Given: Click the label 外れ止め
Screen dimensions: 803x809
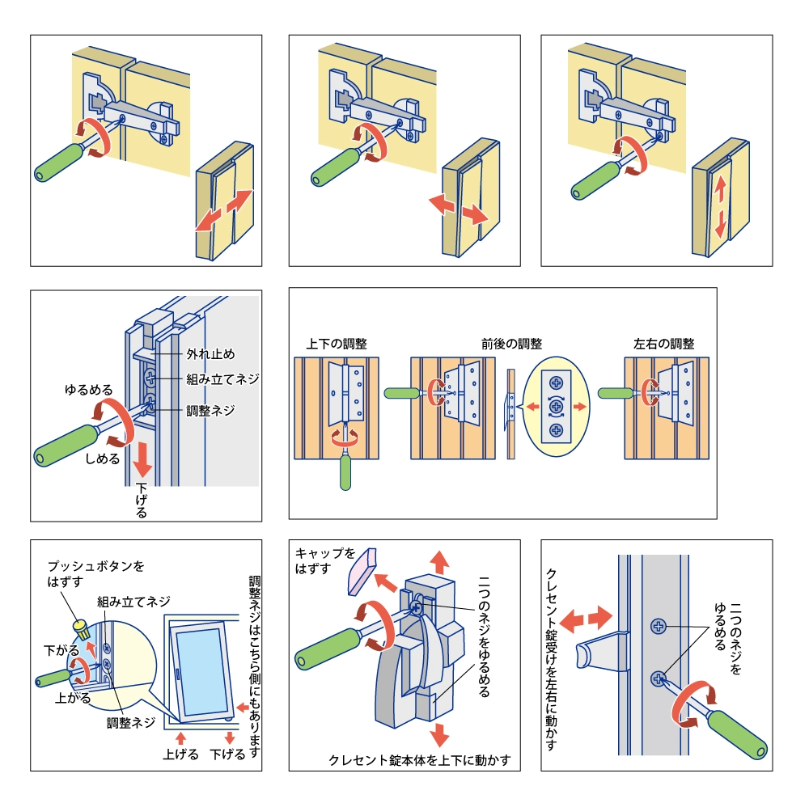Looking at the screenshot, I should coord(211,353).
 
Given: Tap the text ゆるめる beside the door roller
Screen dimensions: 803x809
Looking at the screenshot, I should coord(88,389).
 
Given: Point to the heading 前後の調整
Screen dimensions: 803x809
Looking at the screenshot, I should coord(511,343).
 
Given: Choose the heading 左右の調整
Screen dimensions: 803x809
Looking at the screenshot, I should coord(663,343).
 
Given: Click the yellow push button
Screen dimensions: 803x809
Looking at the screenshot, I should coord(80,625).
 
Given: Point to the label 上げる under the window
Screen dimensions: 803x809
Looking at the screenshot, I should coord(180,754).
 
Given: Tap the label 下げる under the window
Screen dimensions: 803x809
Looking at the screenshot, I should coord(227,754).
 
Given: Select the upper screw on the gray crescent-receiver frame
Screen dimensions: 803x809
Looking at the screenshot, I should coord(659,625).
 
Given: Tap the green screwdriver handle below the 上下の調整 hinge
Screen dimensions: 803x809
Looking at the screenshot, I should coord(347,472).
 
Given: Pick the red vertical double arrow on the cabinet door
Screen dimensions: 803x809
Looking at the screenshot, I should coord(719,205).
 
